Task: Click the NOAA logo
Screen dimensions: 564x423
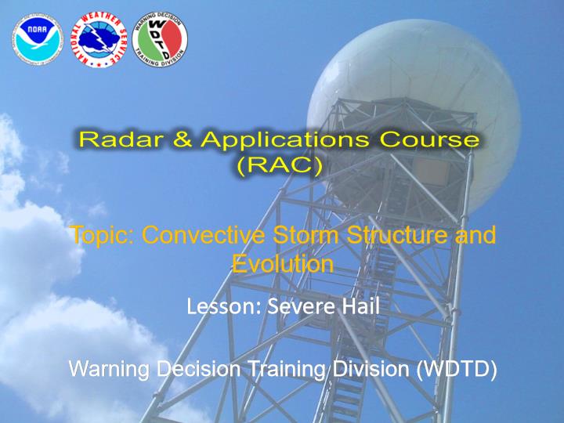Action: point(38,39)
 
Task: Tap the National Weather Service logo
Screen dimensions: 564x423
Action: point(99,40)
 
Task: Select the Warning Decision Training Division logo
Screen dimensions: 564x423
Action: point(160,39)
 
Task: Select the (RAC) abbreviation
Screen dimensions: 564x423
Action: point(280,166)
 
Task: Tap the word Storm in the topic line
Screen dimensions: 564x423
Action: point(305,234)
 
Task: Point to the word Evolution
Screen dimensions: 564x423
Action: point(283,264)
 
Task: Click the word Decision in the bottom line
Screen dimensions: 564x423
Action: point(198,369)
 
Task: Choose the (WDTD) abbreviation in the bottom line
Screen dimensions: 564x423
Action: point(456,370)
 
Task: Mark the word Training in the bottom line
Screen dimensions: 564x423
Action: point(287,370)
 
